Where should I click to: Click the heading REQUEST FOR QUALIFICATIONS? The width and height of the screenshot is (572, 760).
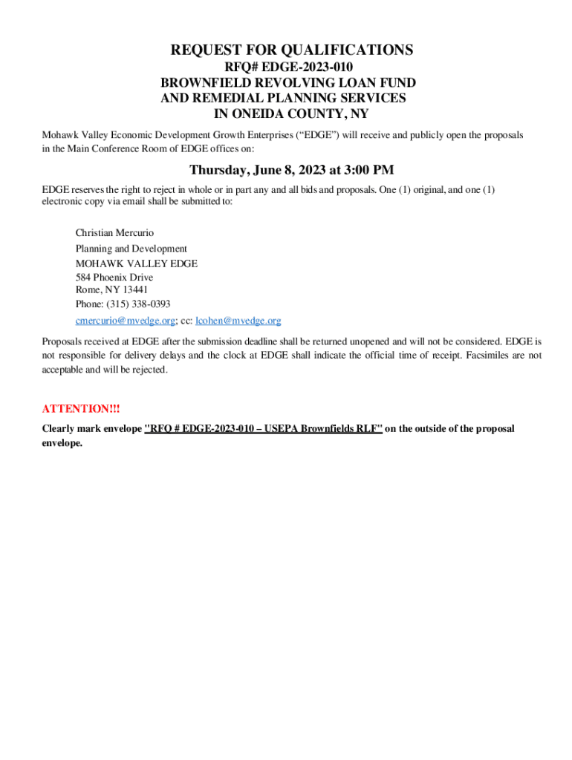(x=292, y=50)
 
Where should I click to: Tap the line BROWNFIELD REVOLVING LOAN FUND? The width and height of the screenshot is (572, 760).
(x=288, y=83)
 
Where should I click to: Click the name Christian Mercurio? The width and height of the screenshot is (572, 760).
(x=114, y=233)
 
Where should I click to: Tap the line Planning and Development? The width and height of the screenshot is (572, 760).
(x=131, y=249)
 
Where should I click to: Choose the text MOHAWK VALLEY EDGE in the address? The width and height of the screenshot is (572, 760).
(x=136, y=263)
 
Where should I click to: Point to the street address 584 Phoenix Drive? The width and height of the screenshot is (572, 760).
(x=114, y=278)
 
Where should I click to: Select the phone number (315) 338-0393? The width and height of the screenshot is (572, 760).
(x=138, y=304)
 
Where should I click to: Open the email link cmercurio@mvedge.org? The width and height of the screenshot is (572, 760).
(x=125, y=321)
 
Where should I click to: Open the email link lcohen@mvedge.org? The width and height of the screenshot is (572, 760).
(x=238, y=321)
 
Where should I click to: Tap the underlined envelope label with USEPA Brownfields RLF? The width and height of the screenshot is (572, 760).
(x=263, y=429)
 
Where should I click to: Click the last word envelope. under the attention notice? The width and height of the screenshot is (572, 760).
(x=62, y=443)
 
